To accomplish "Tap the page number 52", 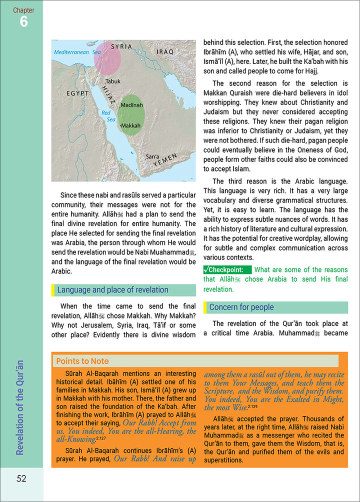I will tap(21, 478).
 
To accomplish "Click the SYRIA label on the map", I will tap(121, 46).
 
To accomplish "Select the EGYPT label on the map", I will tap(77, 93).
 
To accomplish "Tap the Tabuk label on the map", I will tap(113, 80).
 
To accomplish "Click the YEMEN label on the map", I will tap(165, 161).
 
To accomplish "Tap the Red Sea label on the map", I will tap(108, 116).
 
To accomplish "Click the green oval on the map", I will tap(130, 115).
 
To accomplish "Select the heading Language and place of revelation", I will tap(112, 290).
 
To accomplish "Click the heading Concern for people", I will tap(241, 307).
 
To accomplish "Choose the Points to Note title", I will tap(82, 361).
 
